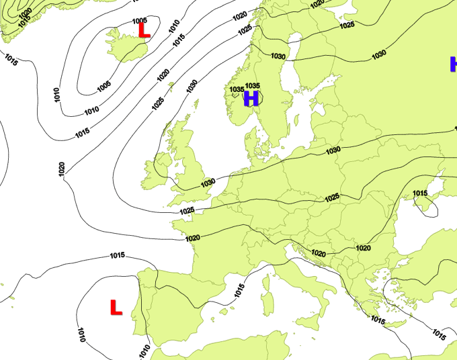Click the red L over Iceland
click(143, 30)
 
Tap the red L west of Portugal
click(116, 308)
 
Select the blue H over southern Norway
click(251, 99)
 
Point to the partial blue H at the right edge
click(453, 64)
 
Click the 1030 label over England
click(208, 182)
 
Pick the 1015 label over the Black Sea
click(420, 193)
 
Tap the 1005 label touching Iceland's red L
click(140, 21)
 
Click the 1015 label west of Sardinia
click(239, 290)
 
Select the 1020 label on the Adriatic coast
click(319, 253)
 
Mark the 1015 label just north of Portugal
click(118, 255)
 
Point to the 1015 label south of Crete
click(378, 320)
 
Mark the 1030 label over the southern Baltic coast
click(333, 150)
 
